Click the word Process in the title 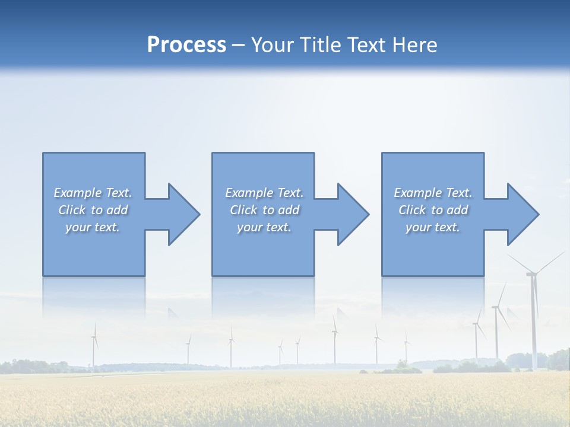tap(186, 45)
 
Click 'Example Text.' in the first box tap(93, 193)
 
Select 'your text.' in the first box tap(93, 227)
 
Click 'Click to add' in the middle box tap(264, 210)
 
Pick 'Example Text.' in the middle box tap(264, 193)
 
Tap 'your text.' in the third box tap(433, 227)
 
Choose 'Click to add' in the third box tap(433, 210)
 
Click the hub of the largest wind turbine tap(531, 273)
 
